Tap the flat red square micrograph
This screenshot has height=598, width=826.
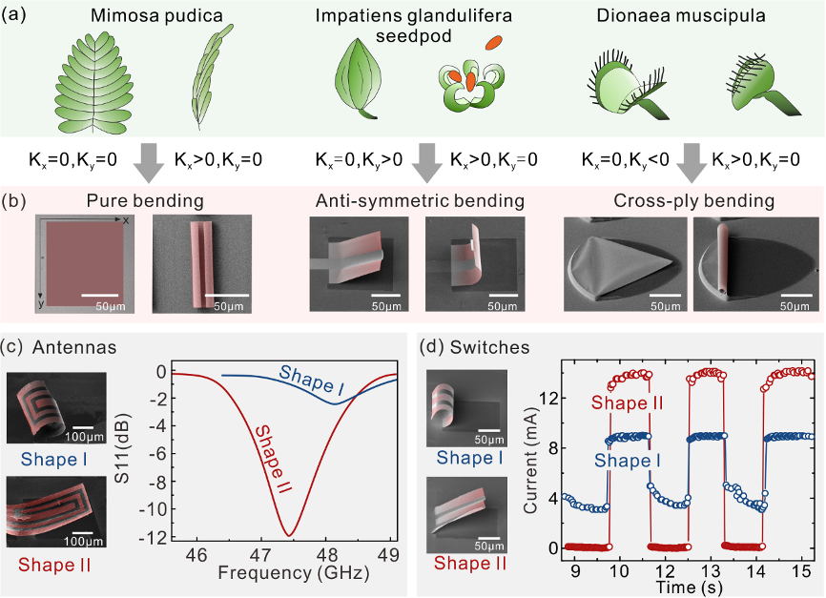click(x=82, y=262)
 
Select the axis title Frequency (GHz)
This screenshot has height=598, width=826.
click(x=279, y=574)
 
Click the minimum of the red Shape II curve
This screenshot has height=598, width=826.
click(x=288, y=534)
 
